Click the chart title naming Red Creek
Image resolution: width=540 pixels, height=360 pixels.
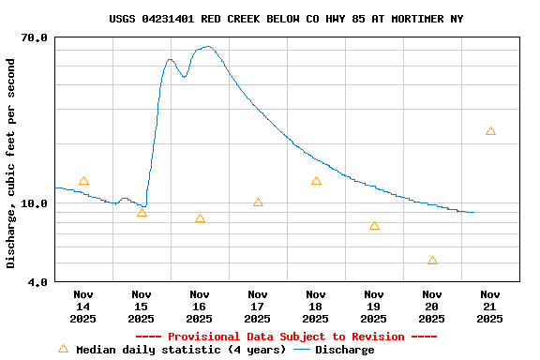click(286, 19)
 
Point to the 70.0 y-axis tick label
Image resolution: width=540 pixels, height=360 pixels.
click(35, 37)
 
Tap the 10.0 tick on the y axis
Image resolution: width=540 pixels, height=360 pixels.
click(35, 203)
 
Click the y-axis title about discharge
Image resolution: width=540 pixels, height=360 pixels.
click(11, 164)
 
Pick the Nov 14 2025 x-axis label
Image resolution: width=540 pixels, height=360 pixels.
click(83, 307)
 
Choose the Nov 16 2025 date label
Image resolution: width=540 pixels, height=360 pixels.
click(200, 307)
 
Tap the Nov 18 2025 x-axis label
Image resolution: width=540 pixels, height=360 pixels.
click(316, 307)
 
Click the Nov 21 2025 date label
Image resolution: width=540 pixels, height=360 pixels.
click(490, 307)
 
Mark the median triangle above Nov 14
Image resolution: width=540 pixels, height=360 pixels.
click(83, 181)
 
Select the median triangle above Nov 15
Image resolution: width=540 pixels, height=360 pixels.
click(142, 213)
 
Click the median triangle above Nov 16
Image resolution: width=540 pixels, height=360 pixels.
click(200, 218)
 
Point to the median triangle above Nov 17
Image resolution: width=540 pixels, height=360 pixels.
click(258, 202)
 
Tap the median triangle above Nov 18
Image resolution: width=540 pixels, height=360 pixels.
click(316, 181)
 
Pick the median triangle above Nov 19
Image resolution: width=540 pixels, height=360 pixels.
click(374, 226)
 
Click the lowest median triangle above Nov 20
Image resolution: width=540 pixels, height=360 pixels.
click(432, 261)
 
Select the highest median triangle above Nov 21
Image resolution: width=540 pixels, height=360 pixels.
click(490, 131)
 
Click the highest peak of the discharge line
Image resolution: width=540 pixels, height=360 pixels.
click(207, 46)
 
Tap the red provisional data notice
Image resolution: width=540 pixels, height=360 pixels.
click(286, 337)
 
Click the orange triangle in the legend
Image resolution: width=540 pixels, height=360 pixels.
click(64, 349)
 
